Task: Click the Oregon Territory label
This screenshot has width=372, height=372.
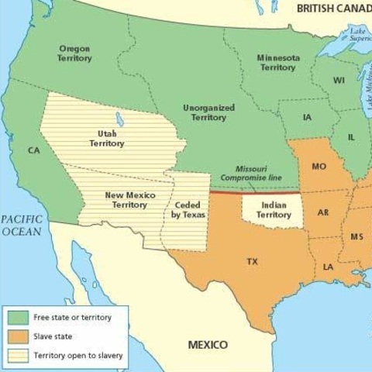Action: pos(74,53)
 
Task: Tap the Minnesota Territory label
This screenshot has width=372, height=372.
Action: pos(277,63)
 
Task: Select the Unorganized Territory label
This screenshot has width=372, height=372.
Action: pos(208,113)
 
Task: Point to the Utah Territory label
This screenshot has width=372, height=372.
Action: pos(107,139)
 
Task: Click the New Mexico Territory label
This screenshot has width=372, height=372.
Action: pos(129,200)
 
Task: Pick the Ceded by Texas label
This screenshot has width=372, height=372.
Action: pos(188,209)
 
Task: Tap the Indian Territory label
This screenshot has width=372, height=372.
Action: pos(274,209)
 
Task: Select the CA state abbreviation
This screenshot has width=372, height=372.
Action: pos(33,150)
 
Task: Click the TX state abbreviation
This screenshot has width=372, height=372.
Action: pos(252,262)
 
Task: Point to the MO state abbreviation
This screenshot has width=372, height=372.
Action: pos(319,167)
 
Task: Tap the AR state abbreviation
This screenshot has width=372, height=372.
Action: pos(323,212)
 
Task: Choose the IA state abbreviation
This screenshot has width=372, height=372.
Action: pos(307,118)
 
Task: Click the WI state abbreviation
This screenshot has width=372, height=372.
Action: pos(339,81)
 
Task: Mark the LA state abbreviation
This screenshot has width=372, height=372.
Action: pos(329,267)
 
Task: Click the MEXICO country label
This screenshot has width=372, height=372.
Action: pos(208,344)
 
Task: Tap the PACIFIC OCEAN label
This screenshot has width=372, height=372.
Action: pos(21,226)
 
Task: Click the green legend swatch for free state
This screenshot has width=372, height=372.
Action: pos(19,318)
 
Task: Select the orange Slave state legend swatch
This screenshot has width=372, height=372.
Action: pos(19,337)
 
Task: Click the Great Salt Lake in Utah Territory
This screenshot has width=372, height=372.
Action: pos(119,119)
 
